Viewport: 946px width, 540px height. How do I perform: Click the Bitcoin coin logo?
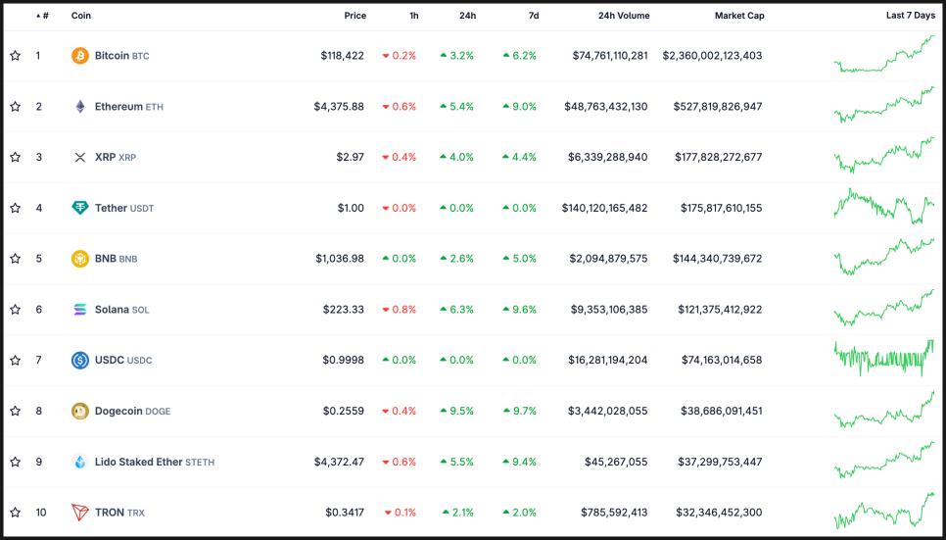80,56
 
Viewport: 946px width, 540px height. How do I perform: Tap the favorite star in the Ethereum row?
15,107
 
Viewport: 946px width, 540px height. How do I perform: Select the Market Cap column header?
738,16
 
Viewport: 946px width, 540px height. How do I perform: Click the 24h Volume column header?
623,16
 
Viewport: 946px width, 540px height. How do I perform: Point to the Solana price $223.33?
343,310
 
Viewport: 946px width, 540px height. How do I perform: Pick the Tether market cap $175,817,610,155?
712,208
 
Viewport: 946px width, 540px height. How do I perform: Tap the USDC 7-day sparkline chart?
884,360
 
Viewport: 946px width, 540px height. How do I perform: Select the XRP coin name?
105,157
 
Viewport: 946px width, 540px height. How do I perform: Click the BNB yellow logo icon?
80,259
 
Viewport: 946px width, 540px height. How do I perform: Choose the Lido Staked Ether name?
138,462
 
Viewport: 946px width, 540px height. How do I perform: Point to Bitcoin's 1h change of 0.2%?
400,56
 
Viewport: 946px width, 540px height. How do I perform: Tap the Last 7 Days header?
910,16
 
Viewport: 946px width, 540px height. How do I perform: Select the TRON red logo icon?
80,513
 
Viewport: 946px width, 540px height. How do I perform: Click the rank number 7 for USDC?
39,361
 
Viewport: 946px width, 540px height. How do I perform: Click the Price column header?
355,16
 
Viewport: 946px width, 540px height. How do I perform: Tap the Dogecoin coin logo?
80,412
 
